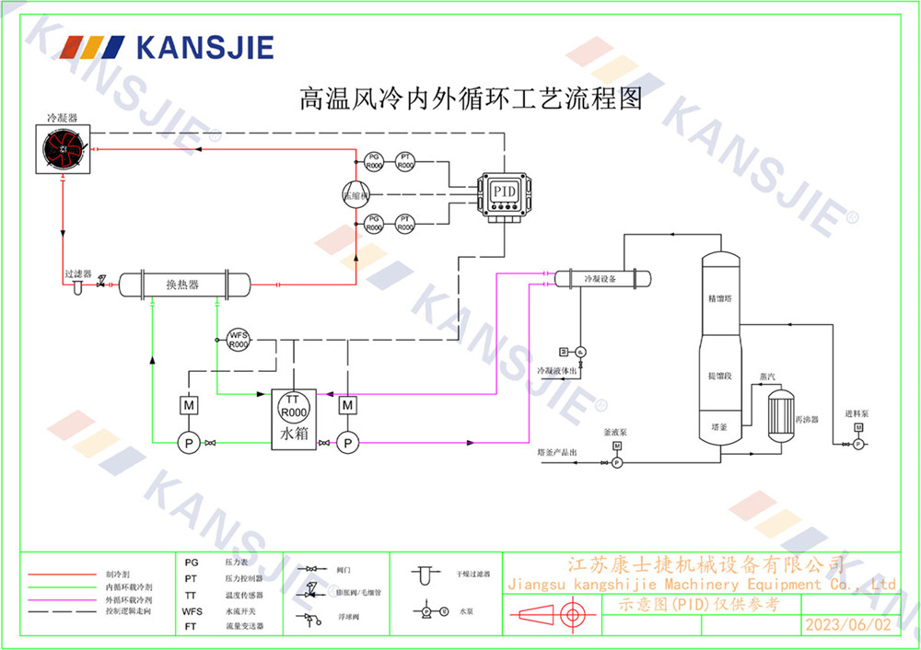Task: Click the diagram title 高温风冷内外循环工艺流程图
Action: [471, 99]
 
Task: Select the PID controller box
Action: [504, 192]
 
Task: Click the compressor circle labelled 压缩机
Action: [355, 194]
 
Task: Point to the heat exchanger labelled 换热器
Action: [183, 284]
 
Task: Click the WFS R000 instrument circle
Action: [239, 340]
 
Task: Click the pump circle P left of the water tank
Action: [189, 443]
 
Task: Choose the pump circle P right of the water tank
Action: [347, 443]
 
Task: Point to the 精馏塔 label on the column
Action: [719, 298]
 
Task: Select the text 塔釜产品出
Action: [557, 453]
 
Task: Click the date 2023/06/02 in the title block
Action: [848, 624]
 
